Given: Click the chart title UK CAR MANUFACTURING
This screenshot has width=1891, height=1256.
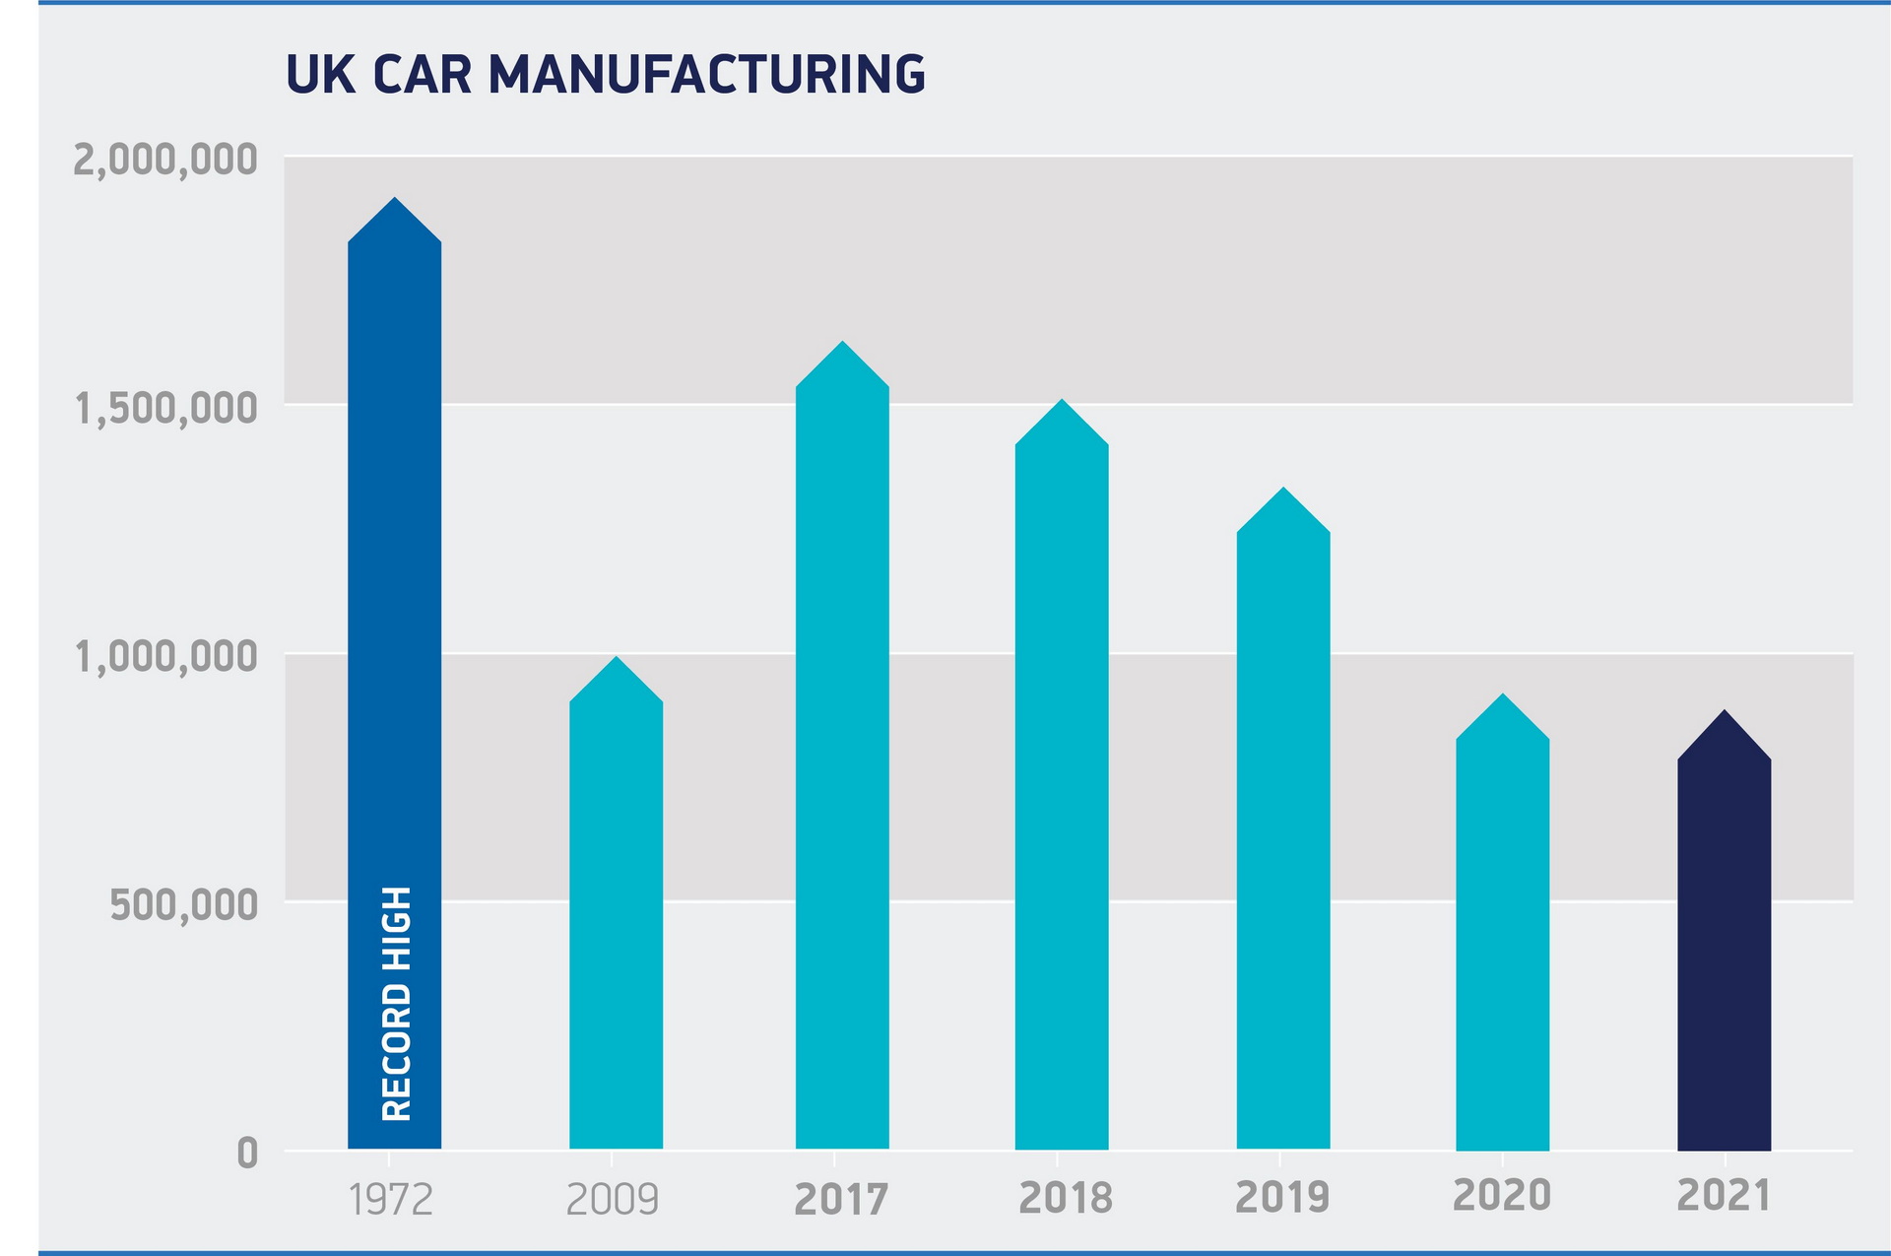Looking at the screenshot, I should pyautogui.click(x=605, y=74).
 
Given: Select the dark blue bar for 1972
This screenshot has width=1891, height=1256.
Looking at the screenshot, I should pyautogui.click(x=394, y=591).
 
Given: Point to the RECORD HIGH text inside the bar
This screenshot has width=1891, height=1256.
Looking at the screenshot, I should pyautogui.click(x=396, y=1003).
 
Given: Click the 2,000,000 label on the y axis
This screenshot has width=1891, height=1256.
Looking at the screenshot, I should pyautogui.click(x=165, y=160).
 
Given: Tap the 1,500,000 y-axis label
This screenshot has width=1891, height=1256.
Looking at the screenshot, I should pyautogui.click(x=165, y=408).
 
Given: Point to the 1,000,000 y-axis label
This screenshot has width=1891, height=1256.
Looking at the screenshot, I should pyautogui.click(x=165, y=656).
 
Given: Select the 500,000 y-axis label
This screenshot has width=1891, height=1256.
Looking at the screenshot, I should pyautogui.click(x=183, y=904).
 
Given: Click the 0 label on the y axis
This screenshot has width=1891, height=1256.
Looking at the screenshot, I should pyautogui.click(x=247, y=1152).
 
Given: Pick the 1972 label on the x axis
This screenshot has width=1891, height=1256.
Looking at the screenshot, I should pyautogui.click(x=391, y=1199).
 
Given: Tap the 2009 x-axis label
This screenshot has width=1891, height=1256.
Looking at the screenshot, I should pyautogui.click(x=613, y=1199).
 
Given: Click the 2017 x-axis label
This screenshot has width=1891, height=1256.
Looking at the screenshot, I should pyautogui.click(x=841, y=1199).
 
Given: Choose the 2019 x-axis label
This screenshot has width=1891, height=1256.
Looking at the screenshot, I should pyautogui.click(x=1282, y=1197).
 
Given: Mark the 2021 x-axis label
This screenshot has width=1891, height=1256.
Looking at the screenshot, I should pyautogui.click(x=1724, y=1195).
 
